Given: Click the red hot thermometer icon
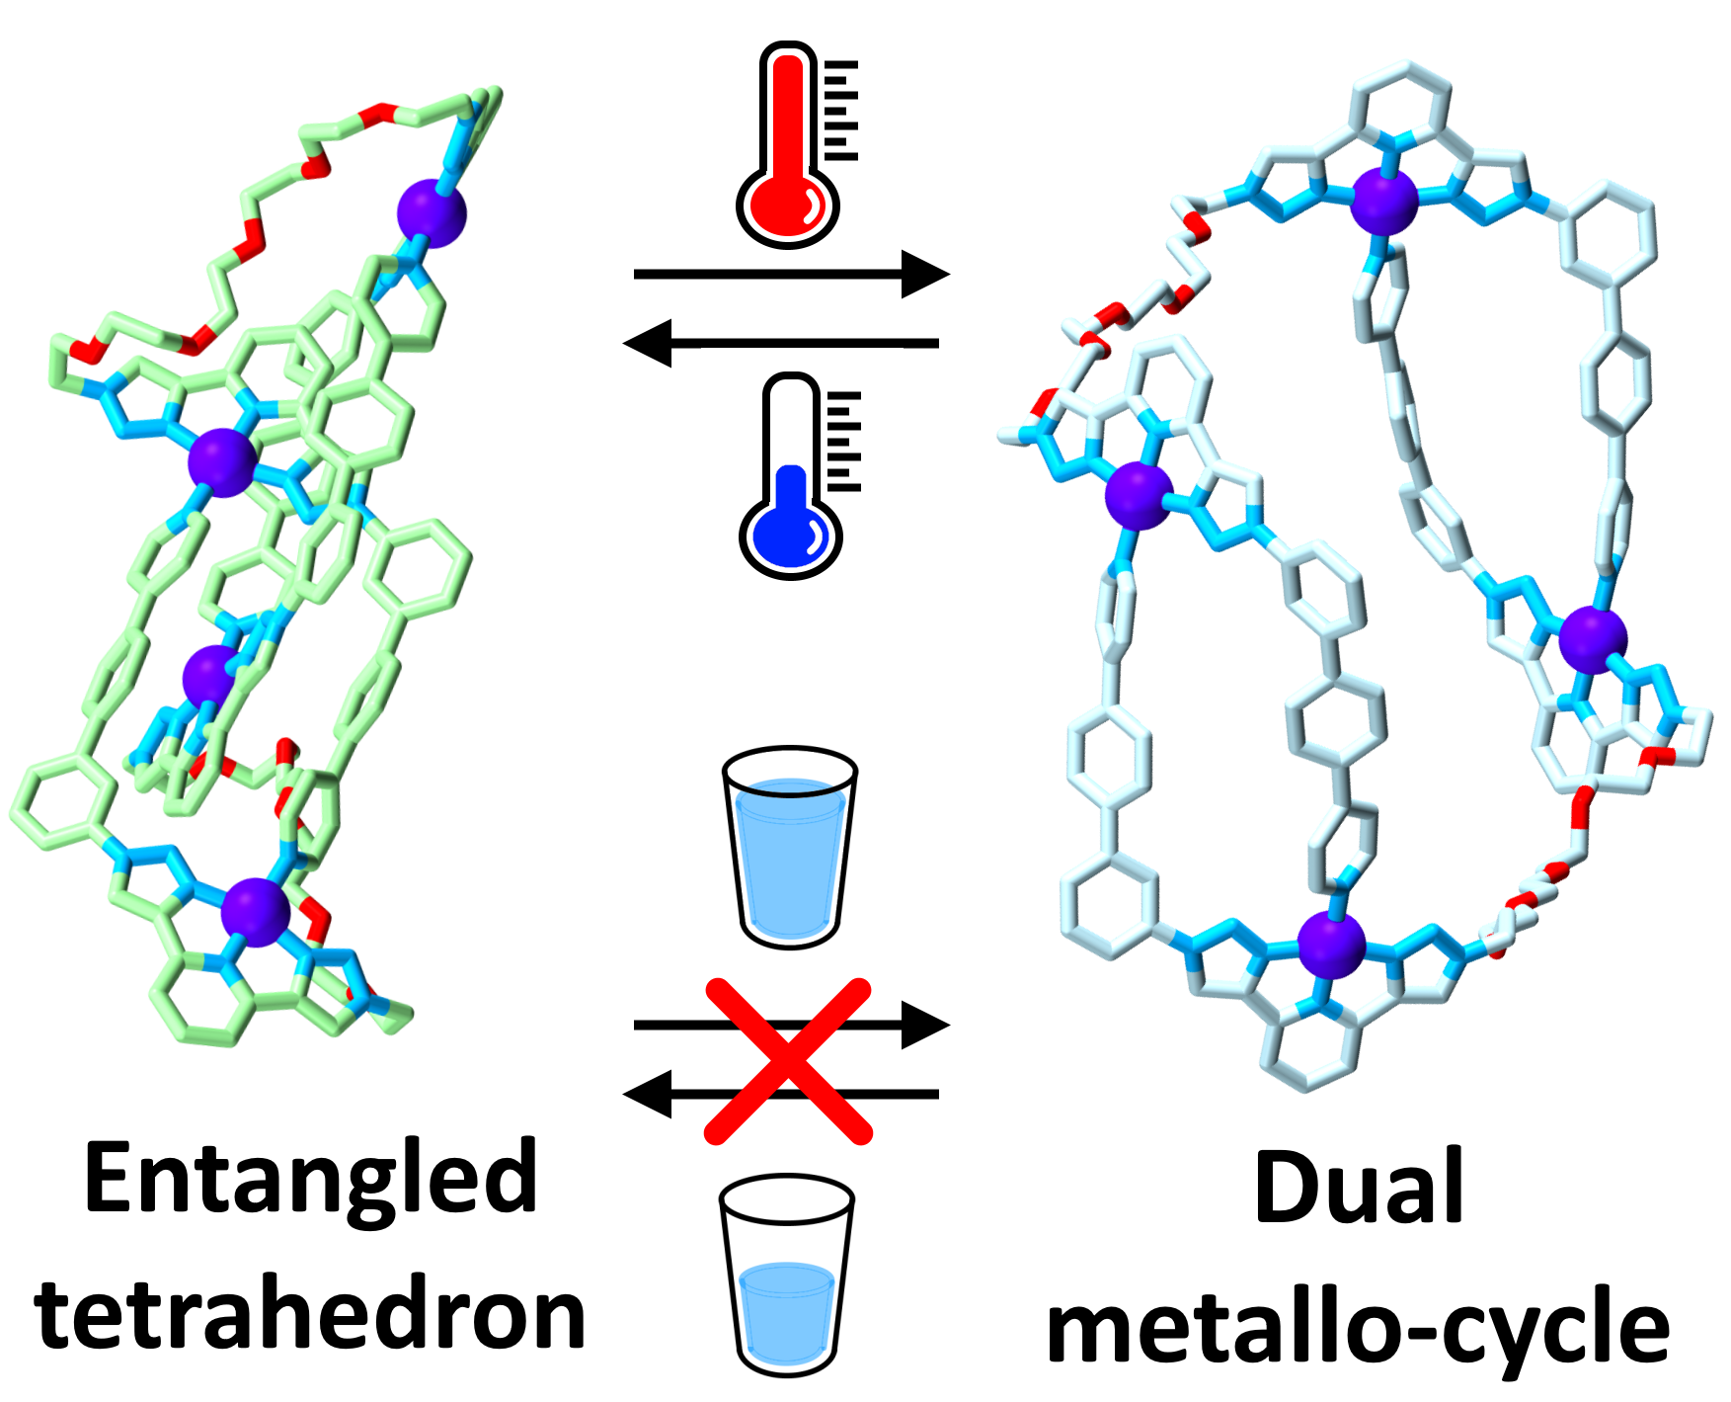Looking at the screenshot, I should [789, 143].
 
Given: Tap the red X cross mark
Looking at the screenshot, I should [788, 1061].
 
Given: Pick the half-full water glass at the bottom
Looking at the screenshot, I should [786, 1275].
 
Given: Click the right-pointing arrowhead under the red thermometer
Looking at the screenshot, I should [925, 274].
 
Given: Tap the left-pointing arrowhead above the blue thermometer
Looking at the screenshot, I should [648, 343].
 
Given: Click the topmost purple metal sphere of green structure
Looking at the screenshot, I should [432, 212].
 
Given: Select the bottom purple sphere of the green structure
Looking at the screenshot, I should [256, 912].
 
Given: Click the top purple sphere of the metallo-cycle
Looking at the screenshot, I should [1384, 202].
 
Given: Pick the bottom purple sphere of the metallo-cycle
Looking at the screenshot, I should [1331, 946].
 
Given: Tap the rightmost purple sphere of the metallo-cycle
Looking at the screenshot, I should [1592, 640].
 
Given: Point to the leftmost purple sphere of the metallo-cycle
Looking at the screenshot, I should [1139, 495].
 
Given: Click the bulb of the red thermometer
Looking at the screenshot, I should [787, 207].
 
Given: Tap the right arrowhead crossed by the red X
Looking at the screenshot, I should [925, 1026].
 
